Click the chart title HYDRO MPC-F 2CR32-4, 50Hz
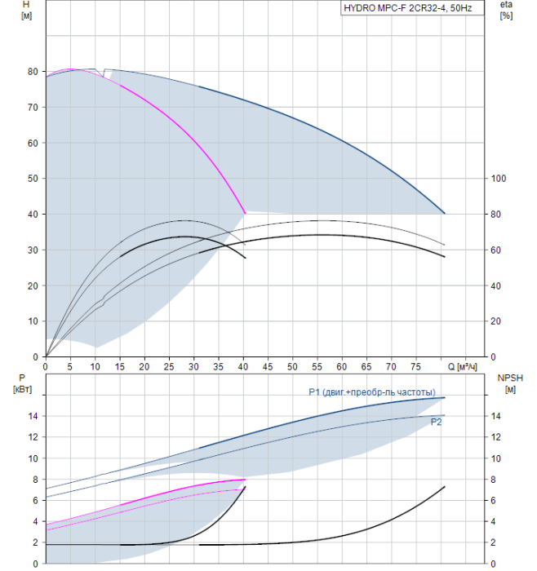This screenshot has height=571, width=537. pos(408,8)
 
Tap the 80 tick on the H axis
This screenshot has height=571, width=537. pos(33,72)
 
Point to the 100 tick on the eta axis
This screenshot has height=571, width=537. pos(499,179)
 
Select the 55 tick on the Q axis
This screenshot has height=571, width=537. pos(317,367)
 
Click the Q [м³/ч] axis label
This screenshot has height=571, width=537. pos(462,367)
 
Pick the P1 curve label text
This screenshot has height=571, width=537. pos(372,392)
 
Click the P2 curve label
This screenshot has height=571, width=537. pos(436,422)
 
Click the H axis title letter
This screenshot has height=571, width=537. pos(26,4)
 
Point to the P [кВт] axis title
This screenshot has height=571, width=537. pos(22,384)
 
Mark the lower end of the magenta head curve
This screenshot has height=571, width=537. pos(245,213)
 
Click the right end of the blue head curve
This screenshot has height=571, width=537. pos(445,214)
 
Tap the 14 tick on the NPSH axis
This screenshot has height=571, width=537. pos(496,416)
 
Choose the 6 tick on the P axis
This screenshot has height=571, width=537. pos(35,500)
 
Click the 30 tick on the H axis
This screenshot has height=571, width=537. pos(33,250)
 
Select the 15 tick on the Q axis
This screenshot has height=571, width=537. pos(119,367)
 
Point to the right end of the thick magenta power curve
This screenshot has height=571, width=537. pos(245,480)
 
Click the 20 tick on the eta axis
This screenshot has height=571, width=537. pos(496,321)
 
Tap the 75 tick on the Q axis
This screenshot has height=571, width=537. pos(415,367)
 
